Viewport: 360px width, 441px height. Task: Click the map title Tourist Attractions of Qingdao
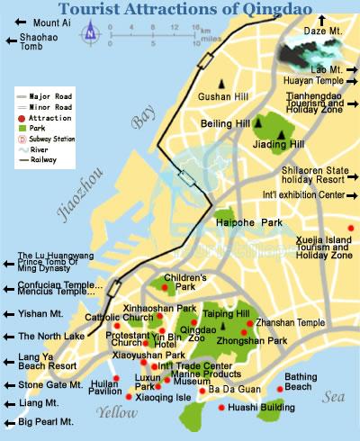pyautogui.click(x=180, y=8)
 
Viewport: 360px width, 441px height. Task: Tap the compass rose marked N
pyautogui.click(x=90, y=34)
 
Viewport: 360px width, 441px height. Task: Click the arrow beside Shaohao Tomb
pyautogui.click(x=10, y=38)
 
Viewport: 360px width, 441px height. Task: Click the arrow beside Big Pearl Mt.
pyautogui.click(x=10, y=420)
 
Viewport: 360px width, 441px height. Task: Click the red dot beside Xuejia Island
pyautogui.click(x=350, y=226)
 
